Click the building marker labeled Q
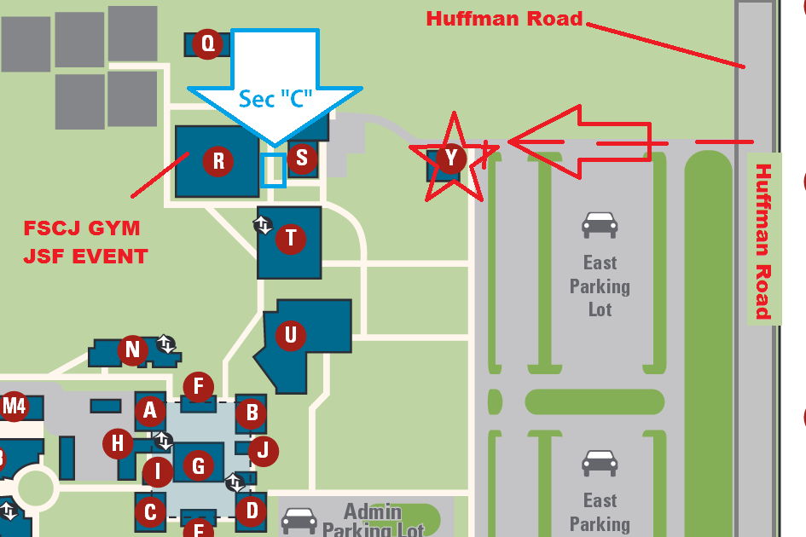pyautogui.click(x=207, y=43)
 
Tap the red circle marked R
pyautogui.click(x=218, y=160)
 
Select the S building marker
pyautogui.click(x=301, y=158)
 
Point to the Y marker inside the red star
pyautogui.click(x=451, y=158)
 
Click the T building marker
pyautogui.click(x=291, y=238)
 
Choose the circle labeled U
pyautogui.click(x=291, y=335)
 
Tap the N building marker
pyautogui.click(x=132, y=349)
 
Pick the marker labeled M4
pyautogui.click(x=14, y=407)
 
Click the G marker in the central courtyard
pyautogui.click(x=199, y=465)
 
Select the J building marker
pyautogui.click(x=264, y=450)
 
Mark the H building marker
pyautogui.click(x=118, y=443)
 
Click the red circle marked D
pyautogui.click(x=252, y=511)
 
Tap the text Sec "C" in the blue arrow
pyautogui.click(x=275, y=99)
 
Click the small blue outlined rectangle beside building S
pyautogui.click(x=273, y=170)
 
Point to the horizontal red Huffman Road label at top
pyautogui.click(x=504, y=18)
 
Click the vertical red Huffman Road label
pyautogui.click(x=763, y=241)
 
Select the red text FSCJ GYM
pyautogui.click(x=81, y=228)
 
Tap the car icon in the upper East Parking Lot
pyautogui.click(x=600, y=225)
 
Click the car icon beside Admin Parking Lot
pyautogui.click(x=299, y=519)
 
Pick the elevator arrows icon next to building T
pyautogui.click(x=263, y=225)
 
